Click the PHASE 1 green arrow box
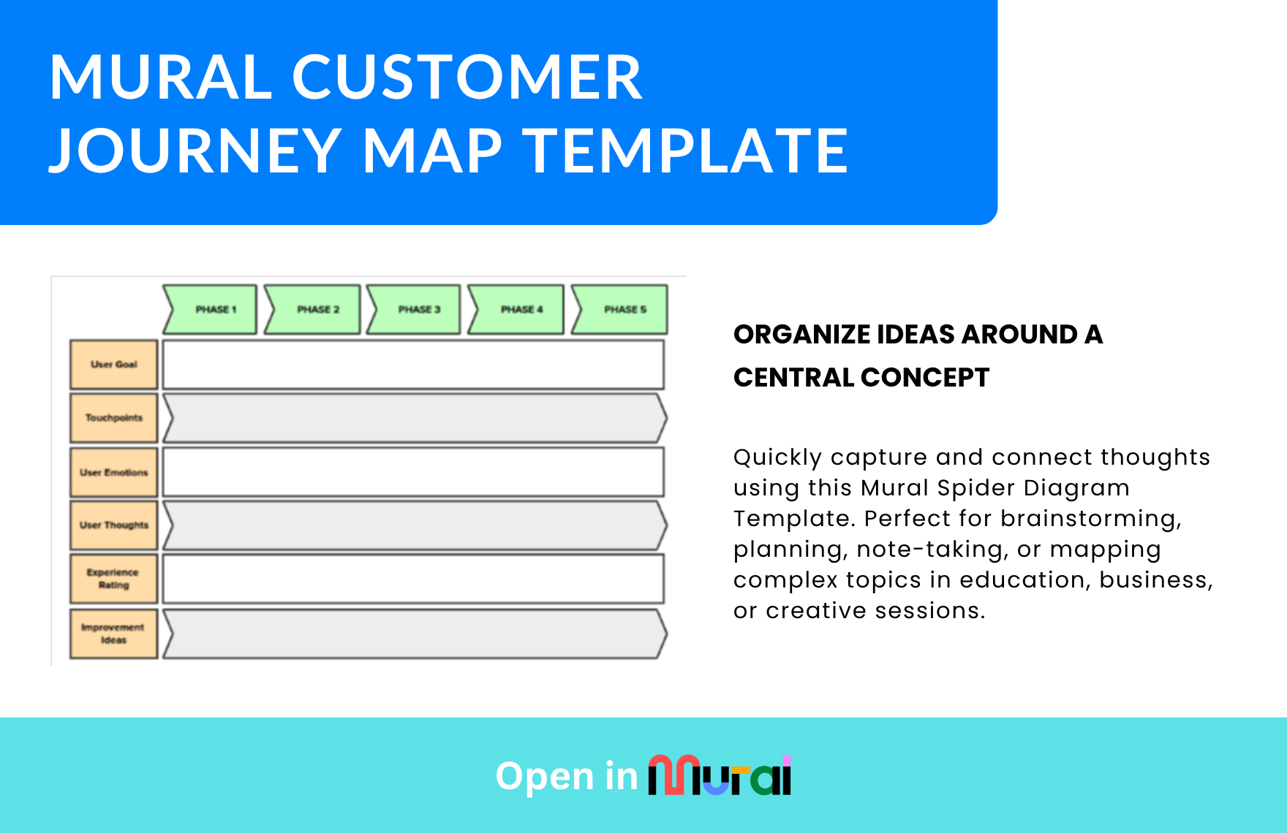210,310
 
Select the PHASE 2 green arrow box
312,310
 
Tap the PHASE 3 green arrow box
414,310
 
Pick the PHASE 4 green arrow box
516,310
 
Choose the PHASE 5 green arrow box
619,310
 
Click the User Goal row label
114,364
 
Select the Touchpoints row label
114,418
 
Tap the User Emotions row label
114,472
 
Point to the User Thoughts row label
114,525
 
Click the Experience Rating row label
114,579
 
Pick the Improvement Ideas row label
114,634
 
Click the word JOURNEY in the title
195,151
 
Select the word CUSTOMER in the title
467,77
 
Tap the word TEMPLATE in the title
685,151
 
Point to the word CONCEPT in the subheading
925,378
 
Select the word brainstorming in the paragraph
1091,519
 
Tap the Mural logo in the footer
720,775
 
